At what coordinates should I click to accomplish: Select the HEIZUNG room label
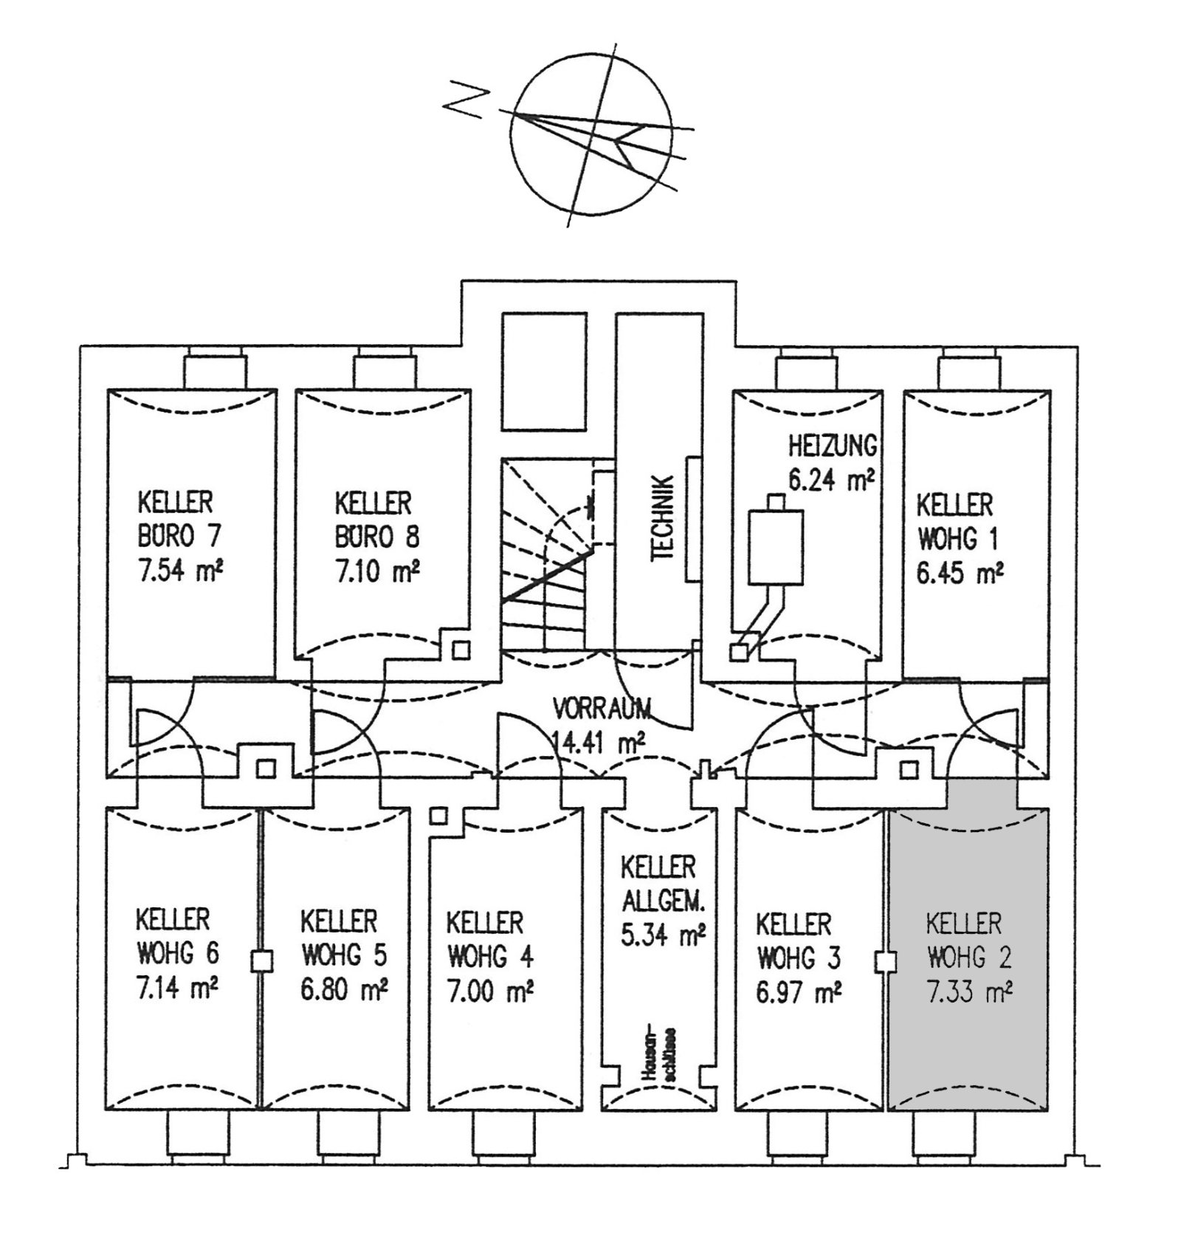click(x=833, y=447)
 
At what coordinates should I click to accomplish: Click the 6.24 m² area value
click(x=831, y=480)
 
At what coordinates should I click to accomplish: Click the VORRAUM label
click(x=602, y=709)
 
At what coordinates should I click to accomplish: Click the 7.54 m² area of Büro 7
click(x=180, y=572)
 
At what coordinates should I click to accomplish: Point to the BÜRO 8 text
click(x=376, y=537)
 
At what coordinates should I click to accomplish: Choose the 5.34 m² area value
click(x=662, y=935)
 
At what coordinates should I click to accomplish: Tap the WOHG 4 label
click(x=489, y=958)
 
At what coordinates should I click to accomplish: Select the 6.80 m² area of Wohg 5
click(x=344, y=989)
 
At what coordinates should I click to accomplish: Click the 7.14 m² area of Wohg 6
click(x=177, y=987)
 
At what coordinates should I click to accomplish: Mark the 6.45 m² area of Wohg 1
click(x=960, y=572)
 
